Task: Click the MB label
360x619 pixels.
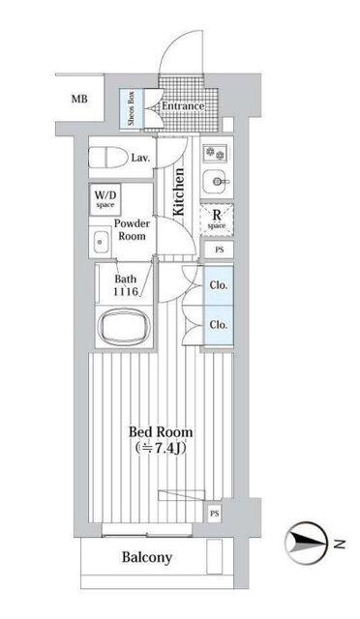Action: tap(79, 99)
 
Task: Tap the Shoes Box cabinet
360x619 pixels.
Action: tap(132, 109)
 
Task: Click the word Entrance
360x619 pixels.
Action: tap(183, 105)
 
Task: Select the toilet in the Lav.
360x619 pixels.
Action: tap(105, 157)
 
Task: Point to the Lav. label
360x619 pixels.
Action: tap(141, 159)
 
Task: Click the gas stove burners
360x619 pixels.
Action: tap(216, 153)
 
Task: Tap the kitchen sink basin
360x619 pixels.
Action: tap(216, 182)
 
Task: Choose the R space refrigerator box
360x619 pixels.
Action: tap(217, 220)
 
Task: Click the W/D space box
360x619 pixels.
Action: tap(105, 199)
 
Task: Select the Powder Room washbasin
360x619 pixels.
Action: tap(101, 242)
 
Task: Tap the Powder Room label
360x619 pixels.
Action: tap(132, 230)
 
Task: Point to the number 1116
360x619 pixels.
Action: tap(126, 292)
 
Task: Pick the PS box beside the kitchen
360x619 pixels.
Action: tap(219, 250)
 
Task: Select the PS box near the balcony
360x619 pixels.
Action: tap(214, 514)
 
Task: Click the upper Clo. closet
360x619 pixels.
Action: tap(219, 285)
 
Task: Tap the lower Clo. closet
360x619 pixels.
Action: tap(219, 325)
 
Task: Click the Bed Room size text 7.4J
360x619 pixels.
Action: tap(170, 448)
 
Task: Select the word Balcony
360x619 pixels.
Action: tap(147, 558)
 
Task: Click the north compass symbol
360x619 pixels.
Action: tap(307, 544)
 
